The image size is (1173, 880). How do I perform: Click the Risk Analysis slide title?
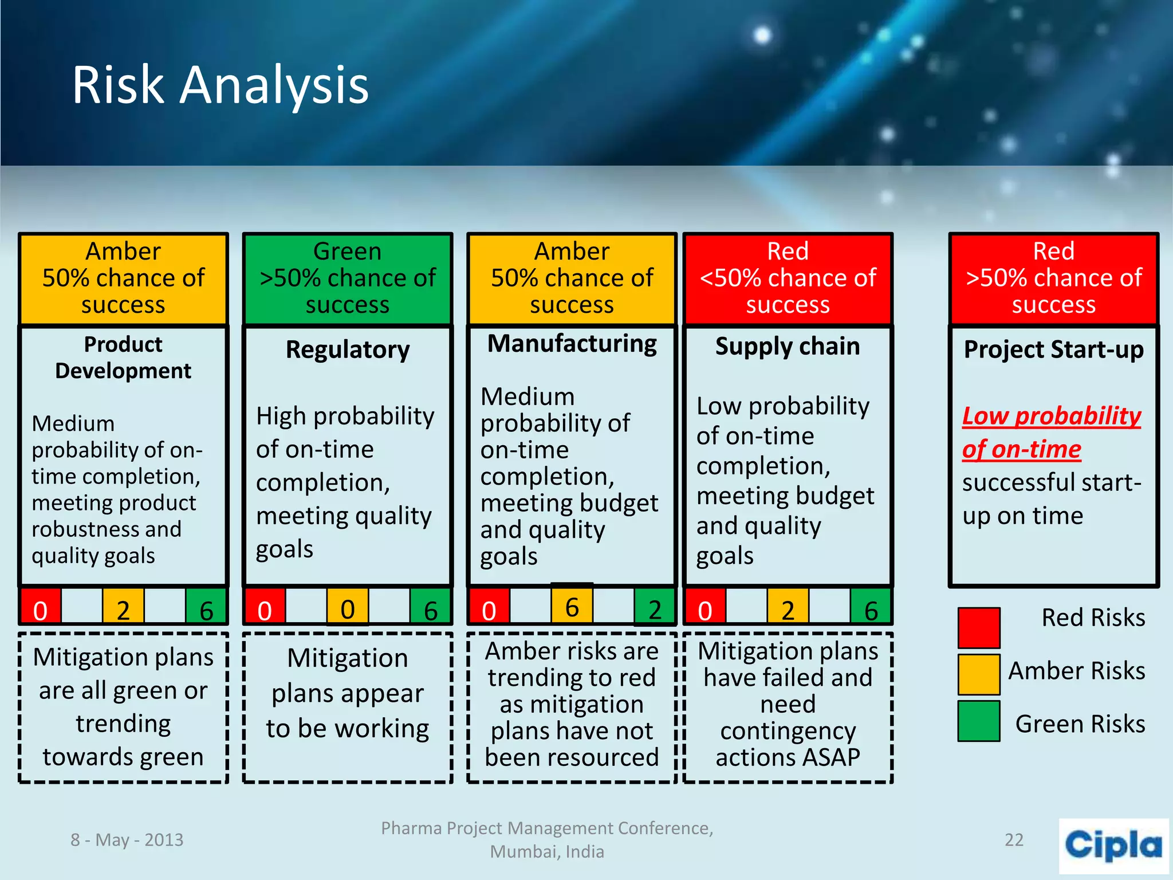220,85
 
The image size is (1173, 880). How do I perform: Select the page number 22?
1014,840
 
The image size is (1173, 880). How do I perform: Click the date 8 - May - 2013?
127,840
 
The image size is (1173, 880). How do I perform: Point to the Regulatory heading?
348,349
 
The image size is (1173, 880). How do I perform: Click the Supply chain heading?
788,347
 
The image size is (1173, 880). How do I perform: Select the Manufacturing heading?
572,344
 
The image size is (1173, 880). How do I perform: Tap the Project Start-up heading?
1053,349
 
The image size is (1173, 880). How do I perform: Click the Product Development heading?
123,357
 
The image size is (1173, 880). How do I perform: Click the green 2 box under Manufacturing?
655,607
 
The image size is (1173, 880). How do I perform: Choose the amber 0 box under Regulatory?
347,607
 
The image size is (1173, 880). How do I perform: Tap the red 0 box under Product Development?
40,608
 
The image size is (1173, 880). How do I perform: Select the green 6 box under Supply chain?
871,608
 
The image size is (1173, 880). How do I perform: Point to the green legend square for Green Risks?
979,721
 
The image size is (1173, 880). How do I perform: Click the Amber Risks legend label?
1076,670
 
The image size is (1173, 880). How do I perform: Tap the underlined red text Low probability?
1052,417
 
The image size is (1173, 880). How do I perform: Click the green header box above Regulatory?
348,278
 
